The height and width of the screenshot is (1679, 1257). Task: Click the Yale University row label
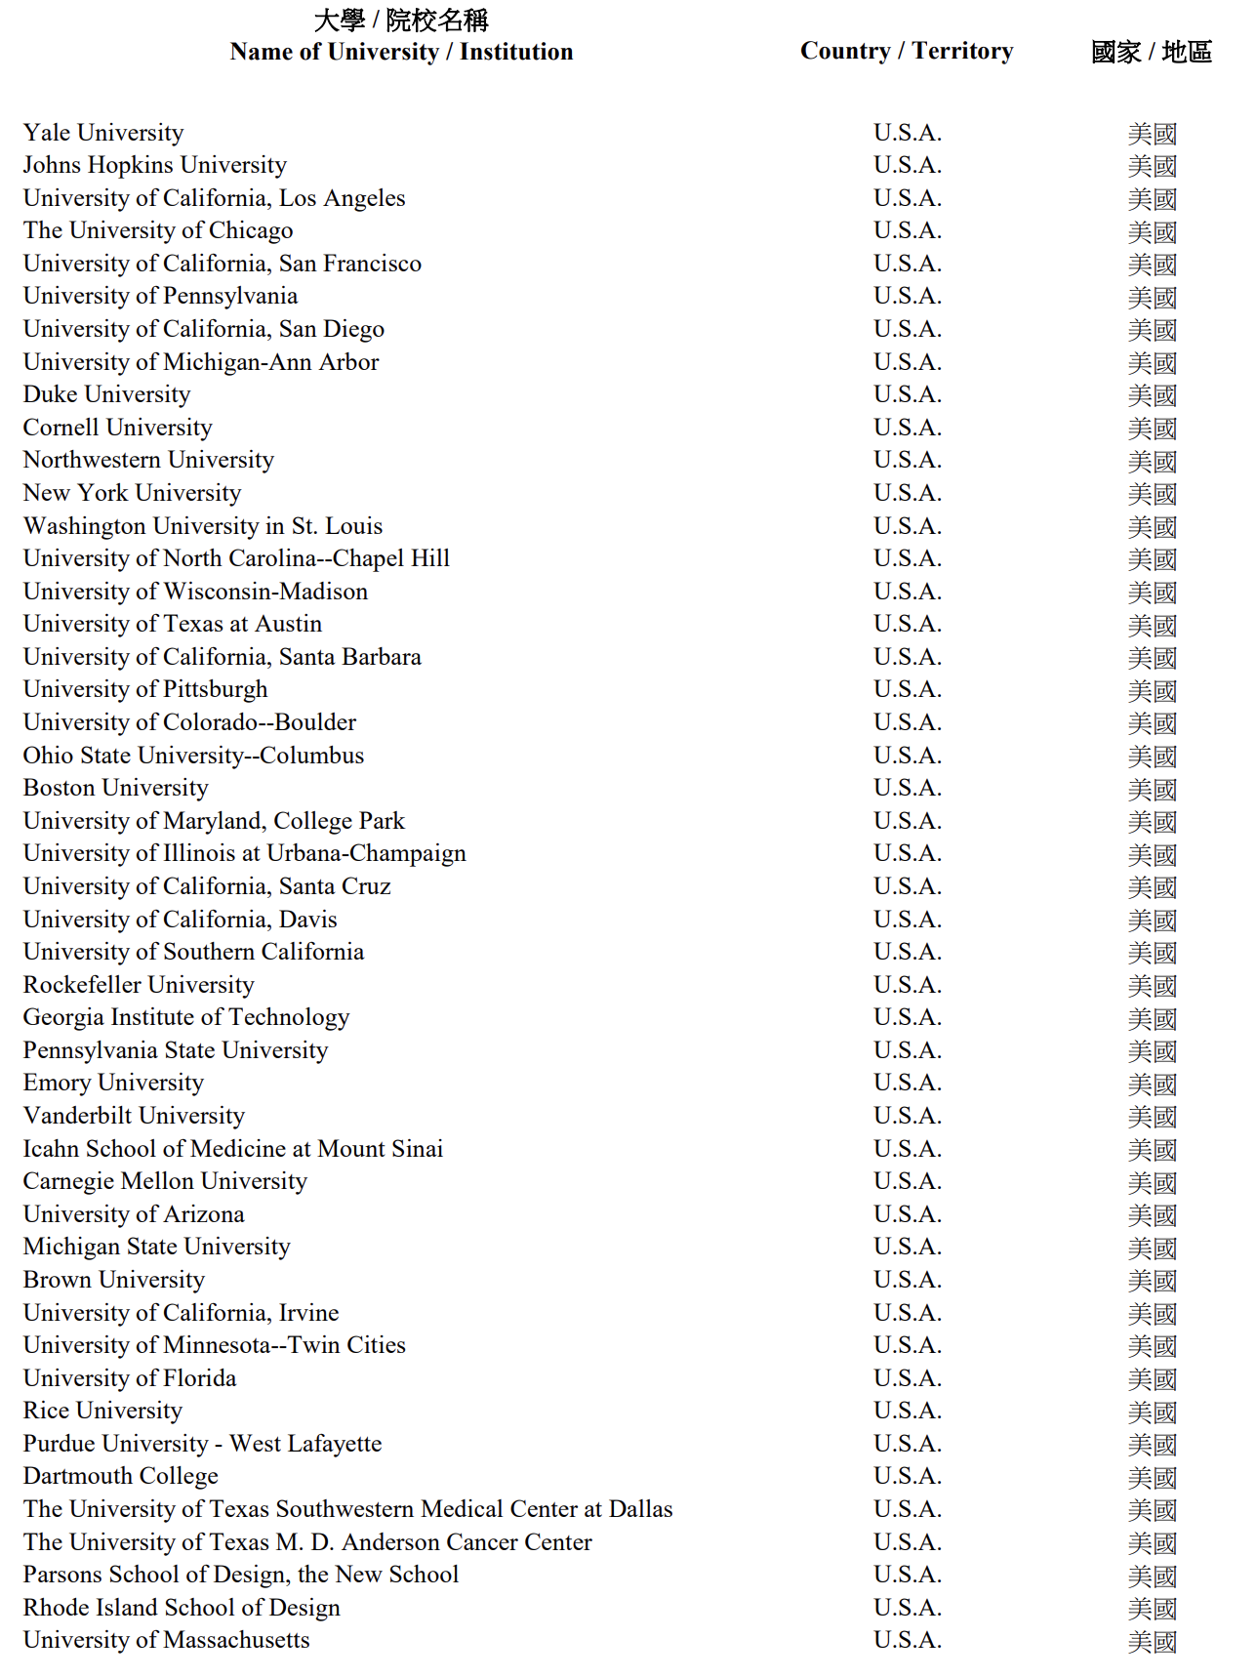click(103, 133)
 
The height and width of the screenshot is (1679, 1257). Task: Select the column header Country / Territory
click(907, 51)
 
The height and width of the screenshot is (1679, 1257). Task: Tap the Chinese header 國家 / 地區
click(1152, 52)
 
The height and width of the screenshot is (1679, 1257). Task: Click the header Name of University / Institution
click(401, 52)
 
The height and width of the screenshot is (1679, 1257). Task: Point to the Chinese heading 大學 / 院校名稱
click(401, 20)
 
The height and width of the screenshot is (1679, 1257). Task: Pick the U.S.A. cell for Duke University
click(908, 394)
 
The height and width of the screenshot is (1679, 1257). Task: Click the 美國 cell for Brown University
click(1152, 1281)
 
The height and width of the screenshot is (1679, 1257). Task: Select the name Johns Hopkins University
click(155, 165)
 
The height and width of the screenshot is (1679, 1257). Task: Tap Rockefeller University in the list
click(139, 985)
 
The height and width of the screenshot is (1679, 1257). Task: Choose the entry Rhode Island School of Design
click(182, 1608)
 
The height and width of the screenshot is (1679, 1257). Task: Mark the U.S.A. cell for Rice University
click(908, 1411)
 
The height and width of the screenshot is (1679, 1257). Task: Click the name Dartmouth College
click(121, 1476)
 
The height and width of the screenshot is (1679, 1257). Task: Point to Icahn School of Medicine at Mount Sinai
click(233, 1149)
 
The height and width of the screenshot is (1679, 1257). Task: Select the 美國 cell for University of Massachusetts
click(1152, 1642)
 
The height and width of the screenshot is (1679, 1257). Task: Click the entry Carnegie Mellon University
click(165, 1181)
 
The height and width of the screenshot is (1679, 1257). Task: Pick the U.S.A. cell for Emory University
click(908, 1083)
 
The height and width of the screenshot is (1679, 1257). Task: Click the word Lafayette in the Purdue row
click(334, 1444)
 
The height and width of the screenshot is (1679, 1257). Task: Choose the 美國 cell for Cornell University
click(1152, 429)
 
